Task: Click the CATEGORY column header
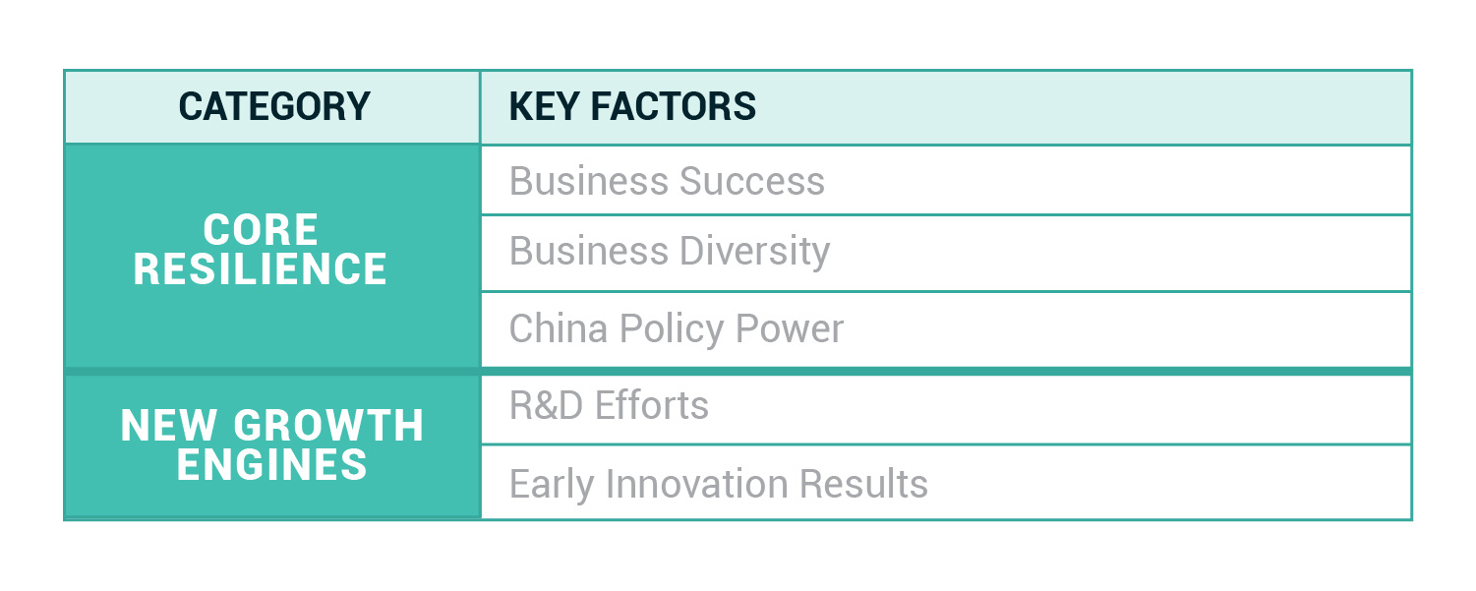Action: coord(274,106)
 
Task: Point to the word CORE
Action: coord(261,230)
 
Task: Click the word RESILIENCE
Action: coord(261,268)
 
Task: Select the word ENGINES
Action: coord(272,464)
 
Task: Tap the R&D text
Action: coord(552,405)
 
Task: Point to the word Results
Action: coord(863,484)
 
